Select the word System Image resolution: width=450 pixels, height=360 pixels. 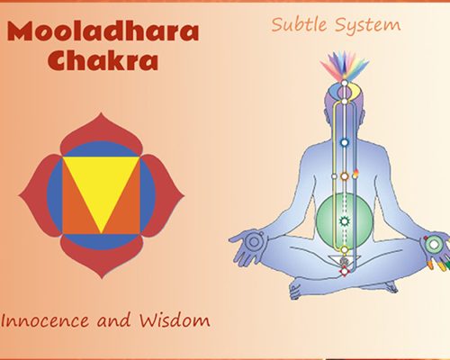tap(366, 24)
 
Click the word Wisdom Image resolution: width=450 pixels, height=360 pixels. tap(175, 319)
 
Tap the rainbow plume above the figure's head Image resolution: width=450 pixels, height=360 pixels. tap(343, 67)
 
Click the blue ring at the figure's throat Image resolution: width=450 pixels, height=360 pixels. tap(343, 141)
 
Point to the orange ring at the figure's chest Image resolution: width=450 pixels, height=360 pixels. tap(343, 175)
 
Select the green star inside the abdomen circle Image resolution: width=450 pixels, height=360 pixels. tap(343, 220)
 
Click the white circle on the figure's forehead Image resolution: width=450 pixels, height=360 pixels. tap(343, 92)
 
